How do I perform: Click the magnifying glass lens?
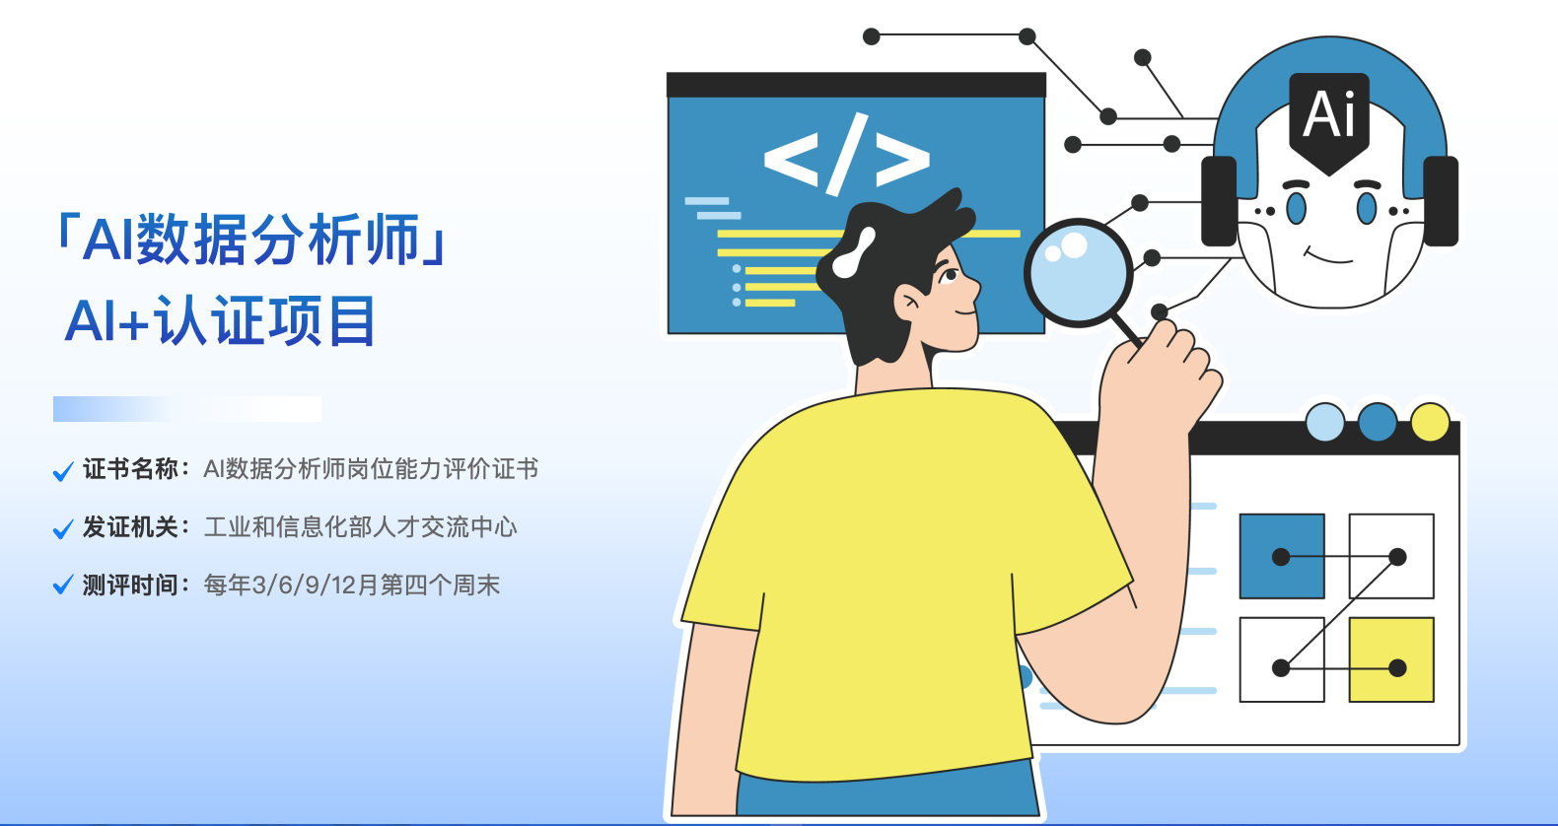(x=1078, y=273)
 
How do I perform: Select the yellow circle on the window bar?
(x=1430, y=422)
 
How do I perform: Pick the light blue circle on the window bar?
(x=1325, y=422)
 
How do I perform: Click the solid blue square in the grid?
(x=1282, y=556)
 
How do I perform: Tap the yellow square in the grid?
(x=1391, y=659)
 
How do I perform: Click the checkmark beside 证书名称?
(x=63, y=471)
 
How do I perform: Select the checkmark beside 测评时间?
(x=63, y=585)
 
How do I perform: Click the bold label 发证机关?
(x=131, y=527)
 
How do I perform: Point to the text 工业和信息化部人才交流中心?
(x=360, y=527)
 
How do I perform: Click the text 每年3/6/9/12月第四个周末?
(x=351, y=585)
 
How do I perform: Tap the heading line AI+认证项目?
(x=221, y=320)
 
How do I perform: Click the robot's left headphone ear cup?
(x=1219, y=201)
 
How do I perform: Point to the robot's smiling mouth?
(x=1327, y=256)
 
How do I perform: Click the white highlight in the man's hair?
(x=853, y=253)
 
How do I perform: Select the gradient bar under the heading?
(x=187, y=409)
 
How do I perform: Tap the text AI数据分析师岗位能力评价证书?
(x=371, y=469)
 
